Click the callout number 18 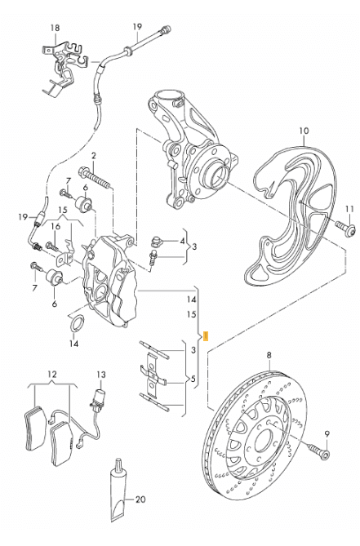coord(55,28)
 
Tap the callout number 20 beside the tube coord(140,499)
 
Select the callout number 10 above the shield coord(304,131)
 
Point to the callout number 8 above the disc coord(269,355)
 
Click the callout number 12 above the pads coord(52,375)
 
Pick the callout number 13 coord(100,375)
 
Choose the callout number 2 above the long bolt coord(93,156)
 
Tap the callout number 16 coord(56,226)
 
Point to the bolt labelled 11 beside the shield coord(346,228)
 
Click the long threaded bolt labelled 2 coord(95,177)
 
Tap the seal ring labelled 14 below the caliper coord(78,323)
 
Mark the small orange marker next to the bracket coord(206,336)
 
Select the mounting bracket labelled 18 coord(64,66)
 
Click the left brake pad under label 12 coord(35,428)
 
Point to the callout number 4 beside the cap coord(182,241)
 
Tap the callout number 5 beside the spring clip coord(193,379)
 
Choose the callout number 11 coord(349,209)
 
